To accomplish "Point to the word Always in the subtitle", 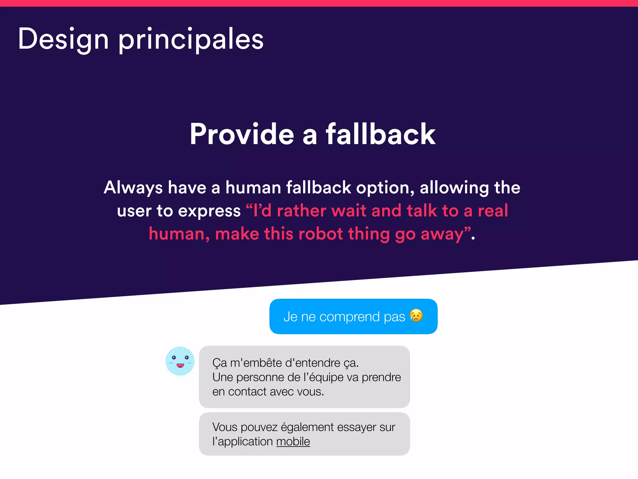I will point(133,188).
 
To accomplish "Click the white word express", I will point(209,211).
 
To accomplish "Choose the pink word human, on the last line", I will point(179,234).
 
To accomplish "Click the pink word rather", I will point(301,210).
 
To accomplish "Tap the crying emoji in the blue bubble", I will point(416,316).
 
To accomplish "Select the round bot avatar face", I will point(180,361).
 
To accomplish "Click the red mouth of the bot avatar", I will point(180,365).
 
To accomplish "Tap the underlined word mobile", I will point(293,442).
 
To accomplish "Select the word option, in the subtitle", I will point(385,188).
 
